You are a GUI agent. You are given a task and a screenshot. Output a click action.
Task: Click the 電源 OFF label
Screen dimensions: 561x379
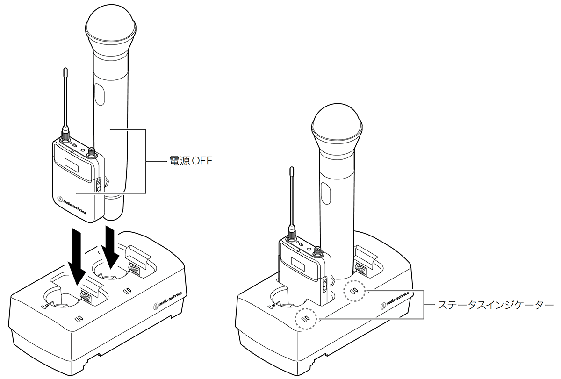click(191, 161)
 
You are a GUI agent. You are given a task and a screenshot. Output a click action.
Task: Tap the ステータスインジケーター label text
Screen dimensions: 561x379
click(496, 305)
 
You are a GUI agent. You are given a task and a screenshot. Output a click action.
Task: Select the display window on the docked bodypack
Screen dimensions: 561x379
click(298, 265)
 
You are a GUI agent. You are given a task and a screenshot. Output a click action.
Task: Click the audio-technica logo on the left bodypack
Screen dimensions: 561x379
click(72, 205)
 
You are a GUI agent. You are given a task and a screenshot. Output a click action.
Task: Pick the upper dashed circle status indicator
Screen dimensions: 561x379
click(354, 291)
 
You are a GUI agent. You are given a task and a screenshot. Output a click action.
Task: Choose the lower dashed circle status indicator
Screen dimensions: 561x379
click(305, 319)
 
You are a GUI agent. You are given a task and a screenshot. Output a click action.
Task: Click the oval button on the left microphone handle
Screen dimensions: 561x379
click(100, 94)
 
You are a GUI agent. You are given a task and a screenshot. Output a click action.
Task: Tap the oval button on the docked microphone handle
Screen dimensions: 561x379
click(325, 193)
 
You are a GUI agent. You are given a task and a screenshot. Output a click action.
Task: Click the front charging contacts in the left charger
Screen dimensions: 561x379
click(86, 297)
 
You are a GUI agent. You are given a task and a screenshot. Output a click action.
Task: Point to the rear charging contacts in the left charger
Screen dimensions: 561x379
click(134, 269)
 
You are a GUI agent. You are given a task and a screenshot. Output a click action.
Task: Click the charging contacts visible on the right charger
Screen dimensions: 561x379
click(361, 269)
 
